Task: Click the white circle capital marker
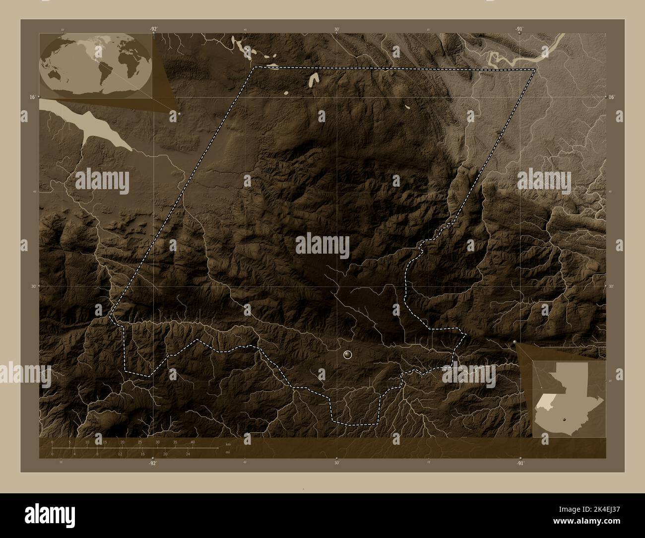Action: (x=347, y=354)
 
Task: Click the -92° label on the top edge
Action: (x=154, y=29)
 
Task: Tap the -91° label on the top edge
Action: (x=519, y=29)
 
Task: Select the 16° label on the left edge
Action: (x=32, y=97)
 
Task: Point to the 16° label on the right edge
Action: (x=612, y=97)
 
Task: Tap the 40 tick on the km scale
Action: (x=193, y=442)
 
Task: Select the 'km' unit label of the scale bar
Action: (x=228, y=444)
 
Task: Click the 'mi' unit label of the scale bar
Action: (x=228, y=452)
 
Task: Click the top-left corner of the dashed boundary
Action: (x=255, y=67)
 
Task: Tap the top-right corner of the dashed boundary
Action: (x=535, y=69)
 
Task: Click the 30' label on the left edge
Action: (x=33, y=286)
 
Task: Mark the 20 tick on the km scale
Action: (x=122, y=442)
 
